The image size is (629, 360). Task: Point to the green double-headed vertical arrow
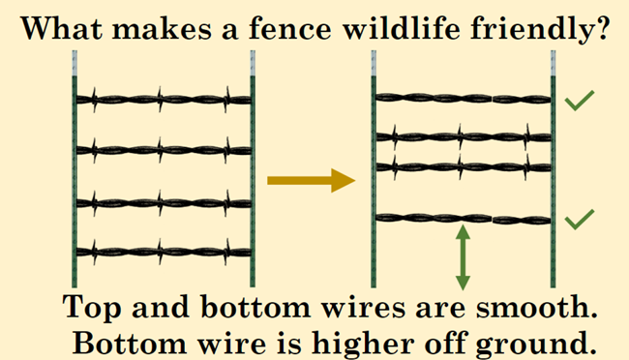pos(463,256)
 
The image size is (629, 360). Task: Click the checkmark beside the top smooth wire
pos(580,101)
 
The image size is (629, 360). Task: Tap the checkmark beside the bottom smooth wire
pos(580,221)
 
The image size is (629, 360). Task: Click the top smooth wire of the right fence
pos(463,98)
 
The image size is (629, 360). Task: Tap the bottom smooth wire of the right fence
pos(463,219)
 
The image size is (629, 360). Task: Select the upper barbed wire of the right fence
pos(463,136)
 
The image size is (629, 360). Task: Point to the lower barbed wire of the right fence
pos(463,166)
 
